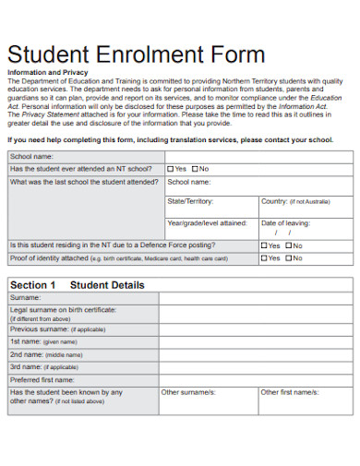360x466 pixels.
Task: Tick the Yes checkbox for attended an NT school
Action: point(171,169)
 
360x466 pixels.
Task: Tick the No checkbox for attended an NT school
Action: point(195,169)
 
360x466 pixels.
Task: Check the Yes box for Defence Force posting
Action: point(264,245)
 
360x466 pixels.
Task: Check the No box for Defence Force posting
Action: point(289,245)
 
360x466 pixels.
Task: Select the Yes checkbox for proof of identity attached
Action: point(264,258)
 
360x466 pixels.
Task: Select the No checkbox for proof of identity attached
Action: point(289,258)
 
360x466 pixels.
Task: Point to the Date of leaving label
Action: point(284,222)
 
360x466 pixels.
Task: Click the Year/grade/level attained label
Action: point(207,222)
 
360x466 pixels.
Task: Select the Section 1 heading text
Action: point(33,285)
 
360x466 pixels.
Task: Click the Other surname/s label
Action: point(188,392)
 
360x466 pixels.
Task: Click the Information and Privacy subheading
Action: point(47,71)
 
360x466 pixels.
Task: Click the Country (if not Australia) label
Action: point(294,200)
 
